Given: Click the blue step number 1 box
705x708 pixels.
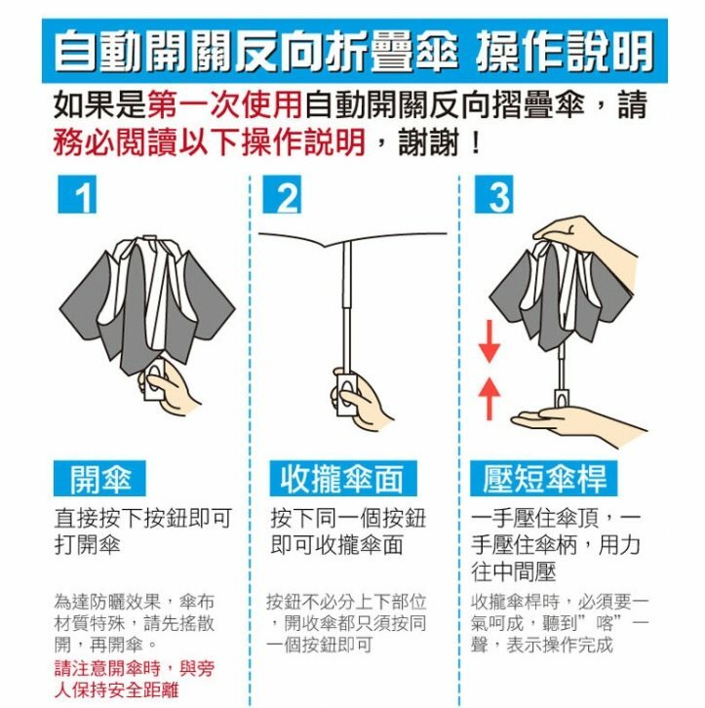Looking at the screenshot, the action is click(77, 194).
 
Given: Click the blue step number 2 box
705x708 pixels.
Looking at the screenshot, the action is click(282, 194).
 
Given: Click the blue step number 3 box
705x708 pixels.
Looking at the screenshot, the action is click(494, 194).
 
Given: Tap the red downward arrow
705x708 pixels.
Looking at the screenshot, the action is click(490, 341).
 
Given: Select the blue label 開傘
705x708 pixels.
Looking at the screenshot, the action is click(99, 479).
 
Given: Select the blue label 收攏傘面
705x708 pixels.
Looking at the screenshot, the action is click(343, 479).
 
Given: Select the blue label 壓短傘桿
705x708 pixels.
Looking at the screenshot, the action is click(543, 479).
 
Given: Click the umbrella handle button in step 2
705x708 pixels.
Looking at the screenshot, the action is click(346, 392).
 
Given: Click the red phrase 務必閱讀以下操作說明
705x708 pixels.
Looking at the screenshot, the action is click(210, 142).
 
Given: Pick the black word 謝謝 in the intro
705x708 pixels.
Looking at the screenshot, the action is click(429, 142).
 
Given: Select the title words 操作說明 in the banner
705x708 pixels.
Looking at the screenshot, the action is click(566, 51).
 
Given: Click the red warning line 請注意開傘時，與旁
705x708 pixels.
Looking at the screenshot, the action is click(135, 668).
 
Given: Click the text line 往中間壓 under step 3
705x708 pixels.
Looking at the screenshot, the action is click(513, 571).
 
